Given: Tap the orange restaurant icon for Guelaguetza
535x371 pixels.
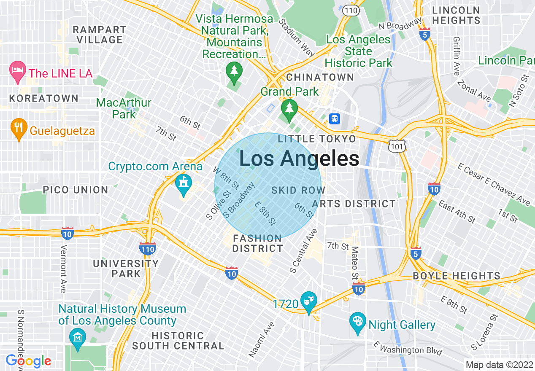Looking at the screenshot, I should point(18,128).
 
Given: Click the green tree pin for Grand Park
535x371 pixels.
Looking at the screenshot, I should point(289,109).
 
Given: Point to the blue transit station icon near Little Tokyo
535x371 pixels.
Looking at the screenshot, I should point(335,118).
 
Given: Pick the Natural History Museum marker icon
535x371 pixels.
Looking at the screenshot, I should point(78,338).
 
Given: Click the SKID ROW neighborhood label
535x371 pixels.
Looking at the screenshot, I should point(298,191).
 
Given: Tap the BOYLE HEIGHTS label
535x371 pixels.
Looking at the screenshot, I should point(456,276).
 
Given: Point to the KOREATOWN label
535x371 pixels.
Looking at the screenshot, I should point(44,98).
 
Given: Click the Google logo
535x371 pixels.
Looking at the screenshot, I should point(29,361).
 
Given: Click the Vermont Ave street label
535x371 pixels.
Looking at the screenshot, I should point(63,269).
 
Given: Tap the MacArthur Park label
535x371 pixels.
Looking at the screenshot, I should point(124,108).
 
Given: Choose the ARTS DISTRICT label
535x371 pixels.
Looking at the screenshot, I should point(354,204).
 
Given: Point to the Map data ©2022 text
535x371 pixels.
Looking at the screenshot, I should point(500,365).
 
